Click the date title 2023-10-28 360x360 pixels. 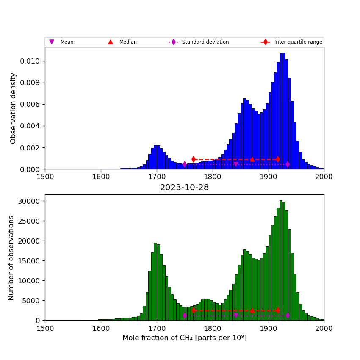[x=184, y=188]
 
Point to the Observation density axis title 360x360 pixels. [x=14, y=108]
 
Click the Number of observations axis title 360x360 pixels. [x=11, y=258]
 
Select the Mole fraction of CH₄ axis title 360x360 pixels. [x=184, y=338]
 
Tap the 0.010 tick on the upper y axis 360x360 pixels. [x=31, y=61]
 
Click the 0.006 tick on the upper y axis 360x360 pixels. [x=31, y=104]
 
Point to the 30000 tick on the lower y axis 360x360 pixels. [x=30, y=201]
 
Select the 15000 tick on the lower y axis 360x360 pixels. [x=30, y=261]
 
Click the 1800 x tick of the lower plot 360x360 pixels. [x=212, y=328]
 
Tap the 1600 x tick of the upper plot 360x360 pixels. [x=101, y=177]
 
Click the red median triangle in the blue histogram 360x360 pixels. [x=252, y=159]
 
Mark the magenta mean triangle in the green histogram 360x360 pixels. [x=236, y=316]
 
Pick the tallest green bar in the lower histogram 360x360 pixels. [x=281, y=260]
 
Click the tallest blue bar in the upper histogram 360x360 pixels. [x=283, y=111]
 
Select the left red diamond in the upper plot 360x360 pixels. [x=194, y=159]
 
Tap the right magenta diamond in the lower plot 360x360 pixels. [x=288, y=315]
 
